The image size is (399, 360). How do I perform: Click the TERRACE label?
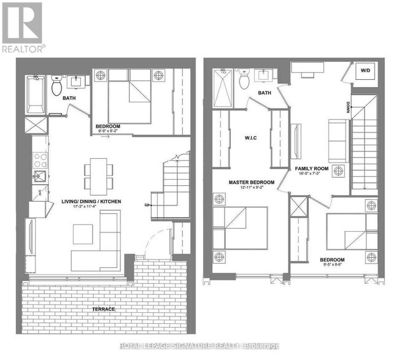[104, 309]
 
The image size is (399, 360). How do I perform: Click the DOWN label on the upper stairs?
[347, 113]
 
